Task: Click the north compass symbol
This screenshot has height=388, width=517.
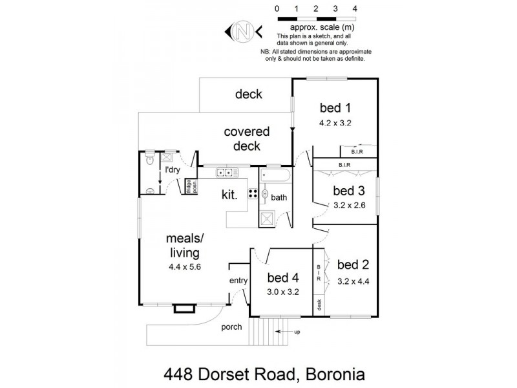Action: click(x=242, y=30)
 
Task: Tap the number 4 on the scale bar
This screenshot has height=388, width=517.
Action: click(x=355, y=9)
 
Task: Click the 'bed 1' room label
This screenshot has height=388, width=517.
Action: click(x=335, y=107)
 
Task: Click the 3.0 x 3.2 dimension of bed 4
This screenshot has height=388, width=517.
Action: click(x=282, y=292)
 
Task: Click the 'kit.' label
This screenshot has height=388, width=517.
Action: click(x=230, y=194)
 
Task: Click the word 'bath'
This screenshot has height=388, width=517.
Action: click(x=279, y=197)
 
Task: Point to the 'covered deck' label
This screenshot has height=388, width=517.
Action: click(x=247, y=139)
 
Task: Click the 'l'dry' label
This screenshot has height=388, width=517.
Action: click(x=173, y=170)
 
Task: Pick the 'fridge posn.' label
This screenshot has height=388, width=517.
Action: click(x=191, y=186)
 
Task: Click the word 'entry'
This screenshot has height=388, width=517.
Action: click(x=238, y=281)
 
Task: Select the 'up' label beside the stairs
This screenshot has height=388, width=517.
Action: click(x=297, y=332)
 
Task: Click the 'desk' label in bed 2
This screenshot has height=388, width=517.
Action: click(x=319, y=303)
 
